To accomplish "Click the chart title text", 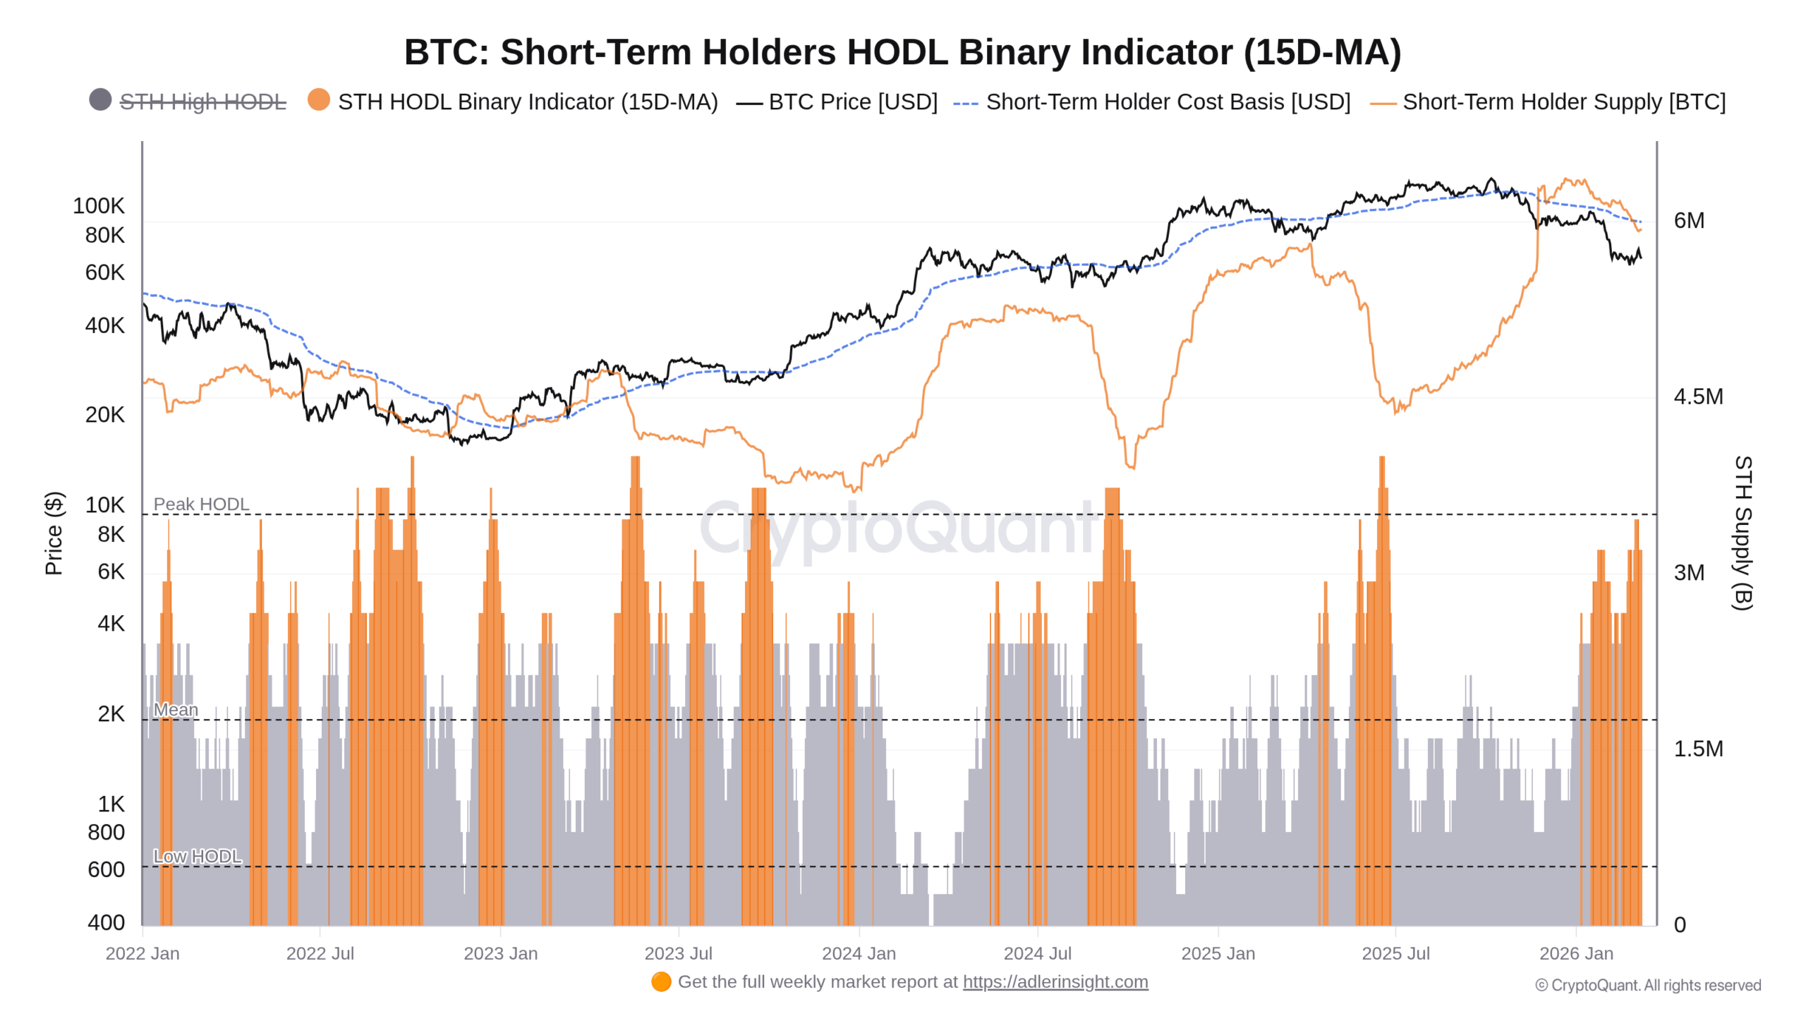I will coord(902,52).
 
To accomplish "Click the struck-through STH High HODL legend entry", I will coord(202,102).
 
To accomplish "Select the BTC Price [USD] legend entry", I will coord(852,102).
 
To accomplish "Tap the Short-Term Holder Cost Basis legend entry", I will coord(1168,102).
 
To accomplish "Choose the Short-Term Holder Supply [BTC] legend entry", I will coord(1563,102).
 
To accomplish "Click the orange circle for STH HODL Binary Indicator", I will coord(319,100).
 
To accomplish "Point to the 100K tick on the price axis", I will coord(98,206).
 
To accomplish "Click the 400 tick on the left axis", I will coord(106,923).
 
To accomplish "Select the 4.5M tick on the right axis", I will coord(1697,397).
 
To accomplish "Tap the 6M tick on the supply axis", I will coord(1688,221).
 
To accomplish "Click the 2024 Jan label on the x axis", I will coord(859,954).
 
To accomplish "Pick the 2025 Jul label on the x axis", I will coord(1395,954).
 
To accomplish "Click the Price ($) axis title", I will coord(54,533).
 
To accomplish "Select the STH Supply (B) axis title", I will coord(1743,533).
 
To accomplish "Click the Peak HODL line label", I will coord(201,504).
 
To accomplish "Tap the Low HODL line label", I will coord(198,857).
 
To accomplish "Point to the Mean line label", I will coord(176,710).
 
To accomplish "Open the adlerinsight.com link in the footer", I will coord(1055,982).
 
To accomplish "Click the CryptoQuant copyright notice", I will coord(1647,986).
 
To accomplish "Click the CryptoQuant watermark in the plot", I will coord(896,529).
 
